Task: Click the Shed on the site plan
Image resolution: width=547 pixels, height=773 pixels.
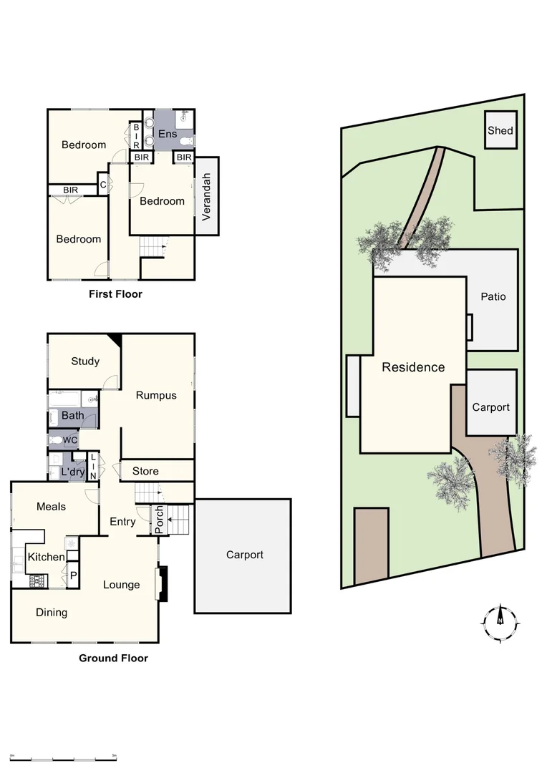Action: click(500, 130)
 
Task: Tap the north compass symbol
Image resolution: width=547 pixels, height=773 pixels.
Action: click(500, 621)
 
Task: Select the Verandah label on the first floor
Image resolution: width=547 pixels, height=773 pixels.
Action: click(206, 196)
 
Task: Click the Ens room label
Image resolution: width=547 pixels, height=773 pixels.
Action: click(168, 134)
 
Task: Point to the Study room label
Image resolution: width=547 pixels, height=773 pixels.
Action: click(85, 361)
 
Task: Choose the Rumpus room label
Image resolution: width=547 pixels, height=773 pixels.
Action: click(156, 395)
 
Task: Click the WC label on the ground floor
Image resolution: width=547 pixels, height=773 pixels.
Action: click(69, 439)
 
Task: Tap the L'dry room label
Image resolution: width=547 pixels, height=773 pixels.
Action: click(72, 472)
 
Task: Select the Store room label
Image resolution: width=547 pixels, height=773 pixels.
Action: click(145, 471)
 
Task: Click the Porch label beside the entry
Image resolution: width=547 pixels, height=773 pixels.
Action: click(160, 520)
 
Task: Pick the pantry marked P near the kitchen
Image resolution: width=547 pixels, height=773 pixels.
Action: click(72, 575)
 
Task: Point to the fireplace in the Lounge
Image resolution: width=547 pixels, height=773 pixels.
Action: click(163, 583)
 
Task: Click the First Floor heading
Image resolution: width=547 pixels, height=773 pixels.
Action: click(115, 293)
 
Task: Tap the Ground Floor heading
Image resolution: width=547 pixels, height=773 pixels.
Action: click(113, 658)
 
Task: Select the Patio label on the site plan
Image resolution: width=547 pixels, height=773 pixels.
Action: click(493, 296)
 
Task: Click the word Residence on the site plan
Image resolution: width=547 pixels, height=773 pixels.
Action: click(413, 367)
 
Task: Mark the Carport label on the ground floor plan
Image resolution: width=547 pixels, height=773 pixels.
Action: click(245, 555)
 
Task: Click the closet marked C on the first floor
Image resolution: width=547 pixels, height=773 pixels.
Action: click(103, 185)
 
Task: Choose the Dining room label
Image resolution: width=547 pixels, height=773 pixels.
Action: click(52, 613)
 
